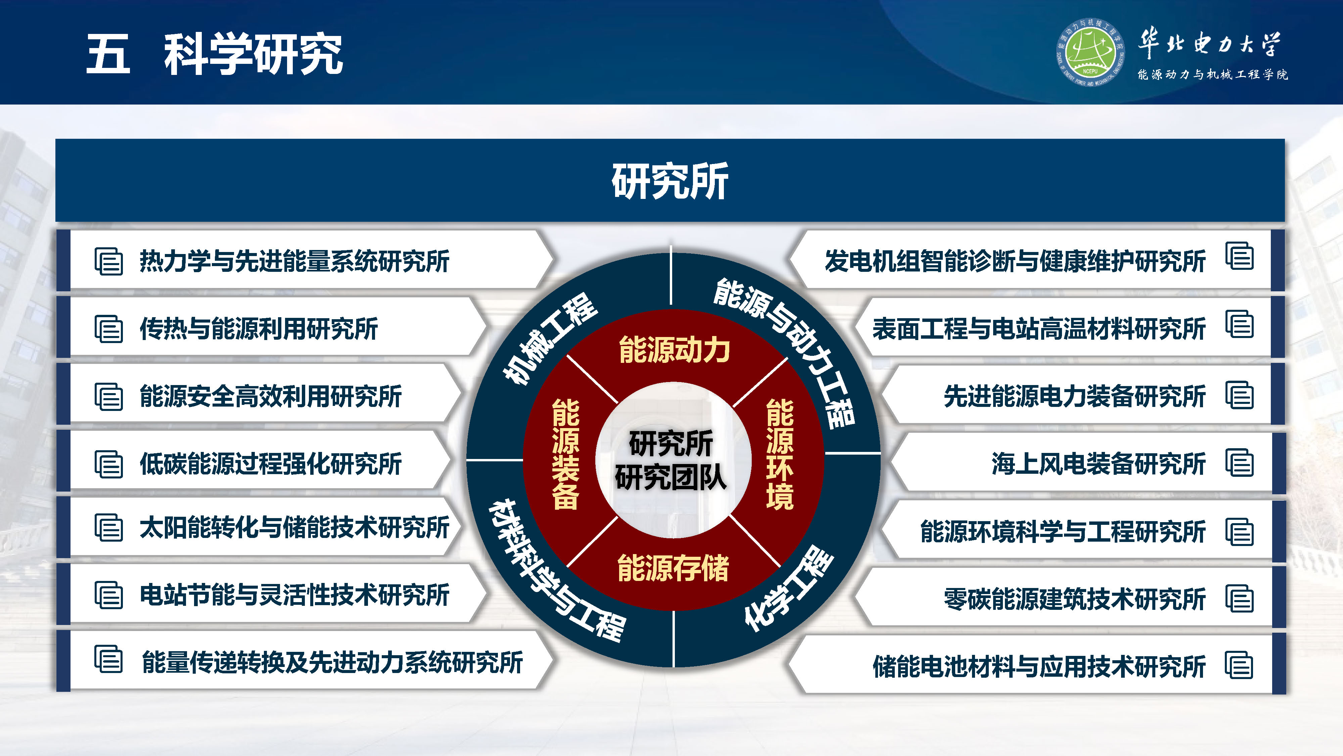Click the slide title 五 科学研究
coord(214,54)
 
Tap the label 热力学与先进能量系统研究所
coord(294,261)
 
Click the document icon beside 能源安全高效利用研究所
coord(108,396)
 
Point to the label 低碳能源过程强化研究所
coord(271,464)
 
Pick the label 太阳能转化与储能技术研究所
coord(294,528)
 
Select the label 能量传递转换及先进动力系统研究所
coord(332,663)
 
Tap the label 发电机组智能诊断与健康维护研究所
coord(1015,261)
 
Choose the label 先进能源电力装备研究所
coord(1074,396)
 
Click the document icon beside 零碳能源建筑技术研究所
coord(1239,599)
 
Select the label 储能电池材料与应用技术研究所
coord(1039,666)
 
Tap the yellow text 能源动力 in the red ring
coord(674,349)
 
